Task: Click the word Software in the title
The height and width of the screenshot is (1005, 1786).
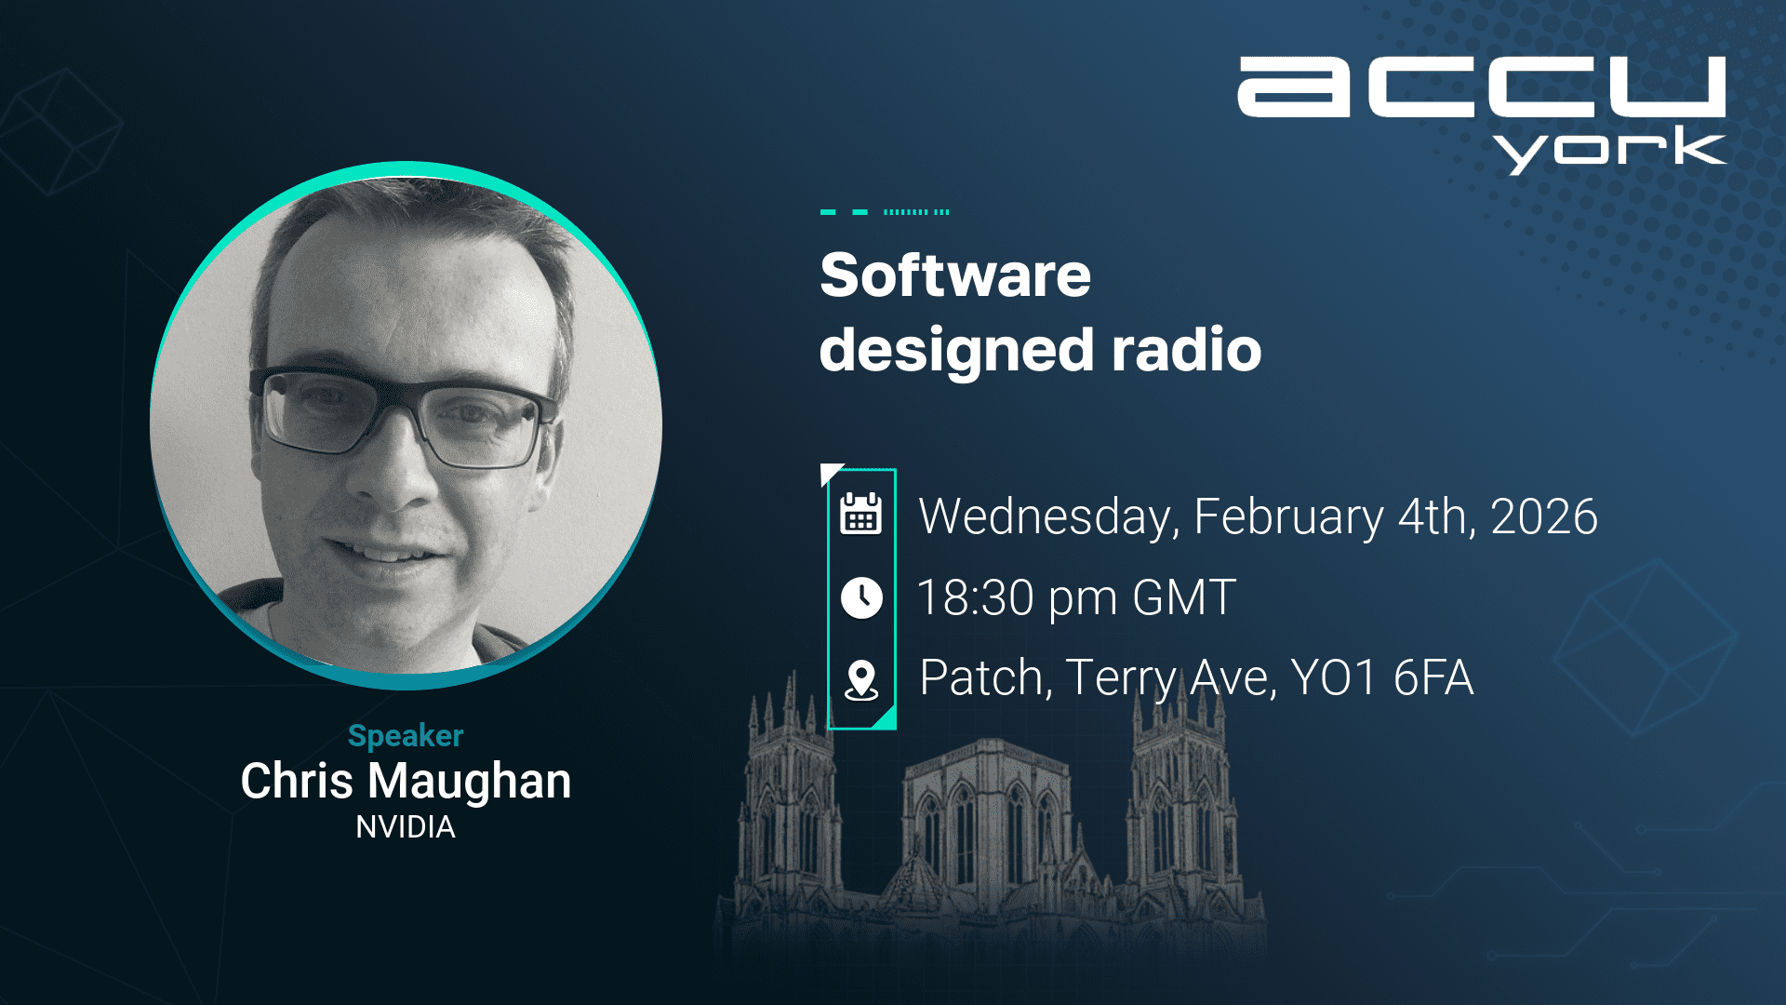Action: (x=955, y=275)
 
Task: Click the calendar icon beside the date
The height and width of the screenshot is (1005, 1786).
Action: (x=861, y=514)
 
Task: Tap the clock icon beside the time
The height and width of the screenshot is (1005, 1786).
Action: (x=861, y=597)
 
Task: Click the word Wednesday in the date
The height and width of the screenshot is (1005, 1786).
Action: (x=1049, y=517)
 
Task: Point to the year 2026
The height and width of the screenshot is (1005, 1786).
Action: (x=1544, y=516)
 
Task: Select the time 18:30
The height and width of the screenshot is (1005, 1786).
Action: (x=976, y=597)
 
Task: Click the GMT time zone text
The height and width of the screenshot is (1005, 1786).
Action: (x=1184, y=597)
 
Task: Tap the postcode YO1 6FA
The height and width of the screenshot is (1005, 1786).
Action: (x=1382, y=677)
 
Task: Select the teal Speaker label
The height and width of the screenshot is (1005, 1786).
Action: (x=406, y=737)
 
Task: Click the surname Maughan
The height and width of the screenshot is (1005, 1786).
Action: (x=470, y=783)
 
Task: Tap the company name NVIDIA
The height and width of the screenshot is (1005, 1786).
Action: (x=406, y=827)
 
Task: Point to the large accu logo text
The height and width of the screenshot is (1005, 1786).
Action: (x=1482, y=87)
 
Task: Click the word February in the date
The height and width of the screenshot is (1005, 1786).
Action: (x=1289, y=517)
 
